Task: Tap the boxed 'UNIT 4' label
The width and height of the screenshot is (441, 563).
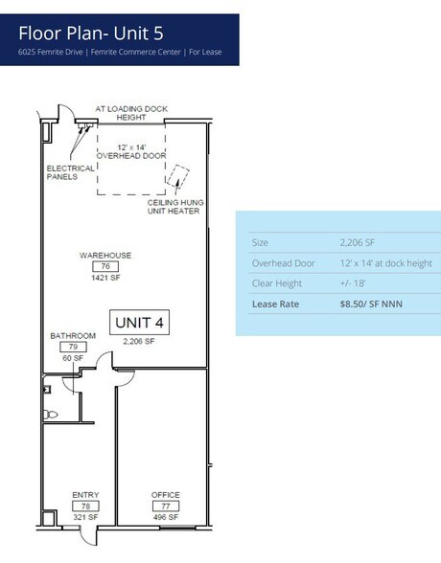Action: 139,324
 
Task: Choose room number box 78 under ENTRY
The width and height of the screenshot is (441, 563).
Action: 85,506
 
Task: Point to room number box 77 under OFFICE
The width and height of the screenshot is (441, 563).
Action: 165,506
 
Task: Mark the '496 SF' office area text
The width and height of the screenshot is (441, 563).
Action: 165,516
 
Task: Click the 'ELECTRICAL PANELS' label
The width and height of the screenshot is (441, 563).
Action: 71,172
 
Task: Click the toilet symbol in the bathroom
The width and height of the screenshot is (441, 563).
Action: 51,415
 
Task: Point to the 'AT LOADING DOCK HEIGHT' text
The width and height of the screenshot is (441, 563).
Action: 130,113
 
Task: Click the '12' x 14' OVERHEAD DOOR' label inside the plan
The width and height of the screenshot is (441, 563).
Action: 130,150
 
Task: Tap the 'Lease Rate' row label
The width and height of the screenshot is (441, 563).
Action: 275,304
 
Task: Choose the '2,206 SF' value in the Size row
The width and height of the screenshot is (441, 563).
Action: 357,242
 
